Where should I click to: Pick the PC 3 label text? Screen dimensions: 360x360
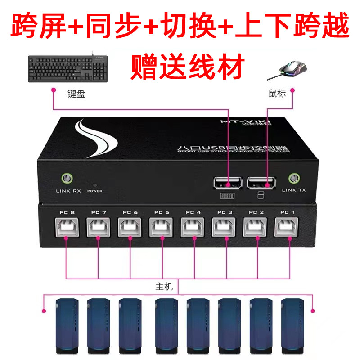click(x=225, y=212)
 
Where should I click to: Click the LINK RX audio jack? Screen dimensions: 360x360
click(x=67, y=179)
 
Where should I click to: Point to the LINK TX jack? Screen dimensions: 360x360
click(x=294, y=179)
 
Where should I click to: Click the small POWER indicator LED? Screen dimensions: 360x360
click(x=95, y=184)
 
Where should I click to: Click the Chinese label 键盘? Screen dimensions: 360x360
click(x=76, y=94)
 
